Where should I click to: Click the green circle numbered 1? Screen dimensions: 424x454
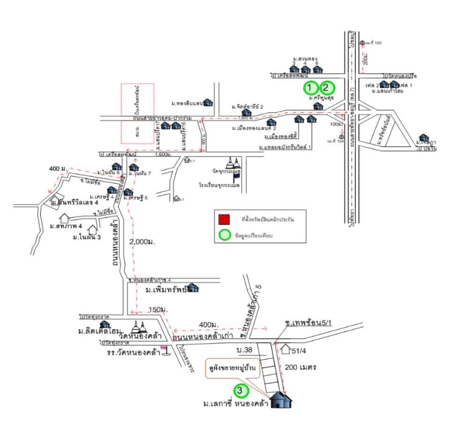tap(310, 87)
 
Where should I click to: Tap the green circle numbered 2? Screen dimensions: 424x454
tap(327, 87)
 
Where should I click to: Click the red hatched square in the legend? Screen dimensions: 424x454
tap(224, 219)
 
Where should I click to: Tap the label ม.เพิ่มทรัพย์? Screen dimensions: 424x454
tap(166, 290)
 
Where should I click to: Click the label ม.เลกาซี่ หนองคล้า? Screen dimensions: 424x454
tap(233, 404)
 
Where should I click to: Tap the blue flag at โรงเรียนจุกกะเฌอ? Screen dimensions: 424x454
tap(237, 177)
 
